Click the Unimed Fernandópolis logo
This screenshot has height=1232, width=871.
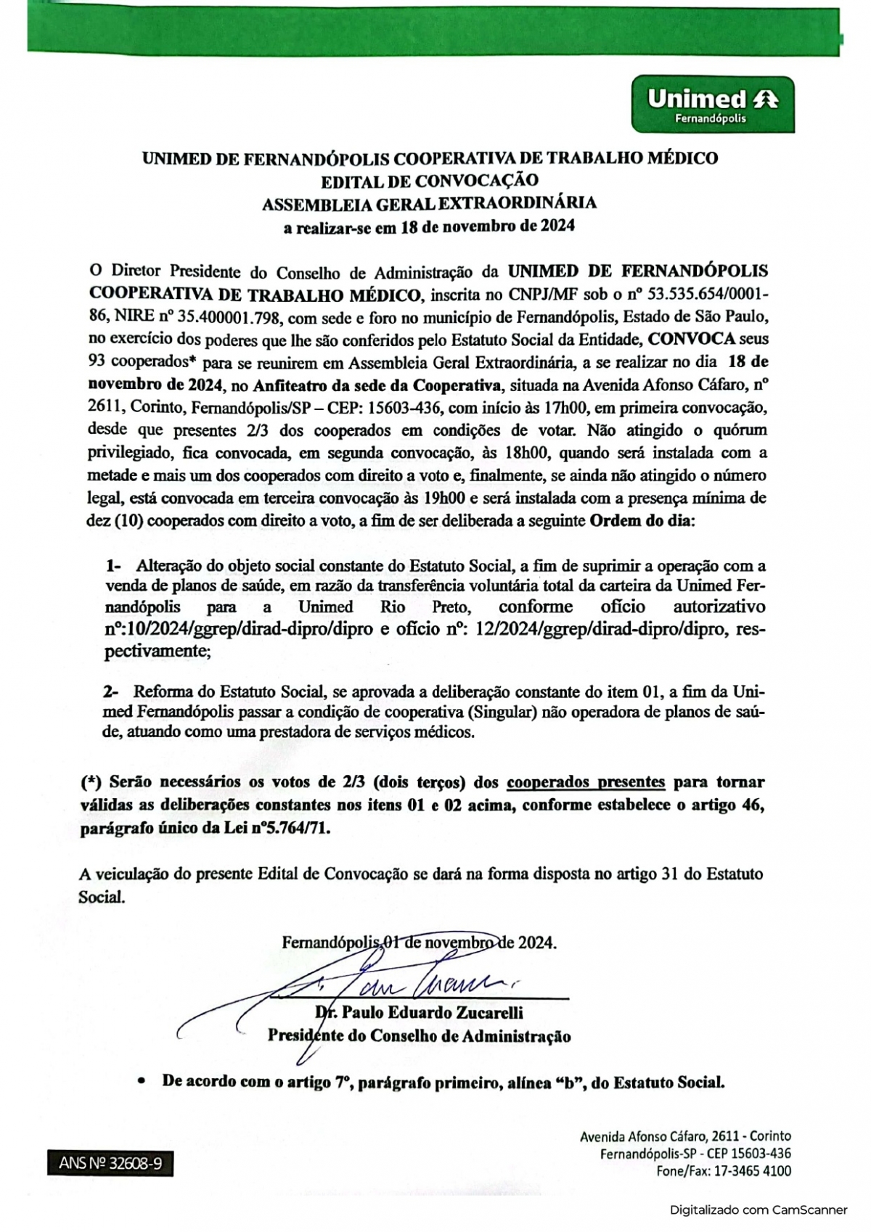(712, 104)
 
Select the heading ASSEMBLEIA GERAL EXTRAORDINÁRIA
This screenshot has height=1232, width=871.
(429, 202)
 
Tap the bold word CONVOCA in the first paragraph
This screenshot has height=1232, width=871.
(692, 338)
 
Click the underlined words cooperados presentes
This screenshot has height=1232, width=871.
(585, 782)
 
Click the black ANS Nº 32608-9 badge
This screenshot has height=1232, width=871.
(110, 1163)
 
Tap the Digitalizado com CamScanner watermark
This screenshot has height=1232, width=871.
(758, 1210)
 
